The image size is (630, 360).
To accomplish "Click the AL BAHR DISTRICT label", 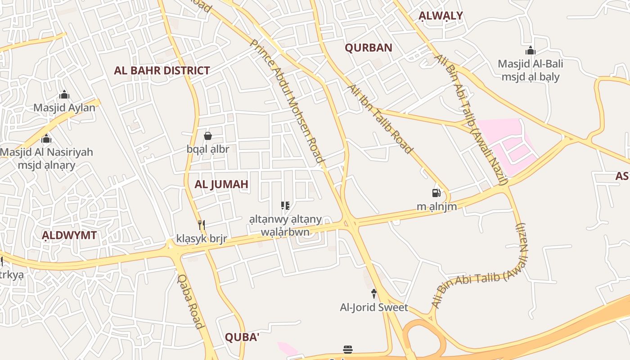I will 162,71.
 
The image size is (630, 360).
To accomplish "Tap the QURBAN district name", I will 369,48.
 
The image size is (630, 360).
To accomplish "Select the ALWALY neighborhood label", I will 441,16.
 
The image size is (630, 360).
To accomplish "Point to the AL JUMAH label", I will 221,184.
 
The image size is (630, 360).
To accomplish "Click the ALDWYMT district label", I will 69,235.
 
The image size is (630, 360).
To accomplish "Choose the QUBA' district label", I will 242,337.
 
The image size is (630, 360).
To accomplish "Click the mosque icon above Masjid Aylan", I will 64,95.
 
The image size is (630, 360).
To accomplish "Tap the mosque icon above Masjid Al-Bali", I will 531,50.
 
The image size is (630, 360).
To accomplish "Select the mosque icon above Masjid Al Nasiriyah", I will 46,139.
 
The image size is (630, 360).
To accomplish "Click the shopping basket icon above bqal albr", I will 208,136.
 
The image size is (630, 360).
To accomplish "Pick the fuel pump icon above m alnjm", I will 436,193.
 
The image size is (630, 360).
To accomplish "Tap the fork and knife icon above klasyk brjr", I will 202,225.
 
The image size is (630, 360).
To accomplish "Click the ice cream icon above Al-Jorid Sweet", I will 373,294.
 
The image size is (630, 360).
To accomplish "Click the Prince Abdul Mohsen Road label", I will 287,100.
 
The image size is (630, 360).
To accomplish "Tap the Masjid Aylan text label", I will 64,108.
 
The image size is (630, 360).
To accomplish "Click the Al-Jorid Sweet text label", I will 374,307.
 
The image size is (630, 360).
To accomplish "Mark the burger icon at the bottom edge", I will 347,349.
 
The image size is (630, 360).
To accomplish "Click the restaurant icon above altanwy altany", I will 285,206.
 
